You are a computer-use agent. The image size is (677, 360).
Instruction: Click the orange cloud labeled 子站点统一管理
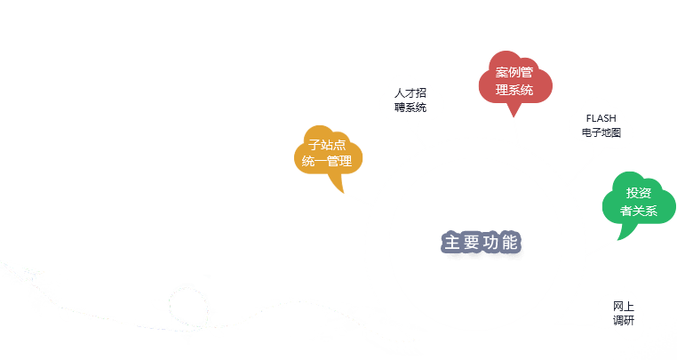[x=327, y=152]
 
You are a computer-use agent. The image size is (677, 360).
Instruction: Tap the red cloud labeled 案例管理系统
[x=514, y=80]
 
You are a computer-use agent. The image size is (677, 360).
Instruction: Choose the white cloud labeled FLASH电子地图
[x=601, y=124]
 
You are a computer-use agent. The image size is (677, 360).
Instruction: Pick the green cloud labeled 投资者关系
[x=638, y=202]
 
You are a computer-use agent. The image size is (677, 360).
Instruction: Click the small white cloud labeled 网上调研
[x=623, y=313]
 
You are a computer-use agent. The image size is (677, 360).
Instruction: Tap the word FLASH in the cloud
[x=601, y=117]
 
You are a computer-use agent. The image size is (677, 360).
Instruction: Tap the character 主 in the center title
[x=451, y=243]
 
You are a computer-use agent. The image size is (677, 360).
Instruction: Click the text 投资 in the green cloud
[x=638, y=193]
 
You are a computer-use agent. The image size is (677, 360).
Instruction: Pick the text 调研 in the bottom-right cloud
[x=623, y=321]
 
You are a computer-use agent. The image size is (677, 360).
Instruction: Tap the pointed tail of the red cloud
[x=514, y=112]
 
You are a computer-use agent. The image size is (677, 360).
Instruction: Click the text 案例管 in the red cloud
[x=514, y=72]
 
